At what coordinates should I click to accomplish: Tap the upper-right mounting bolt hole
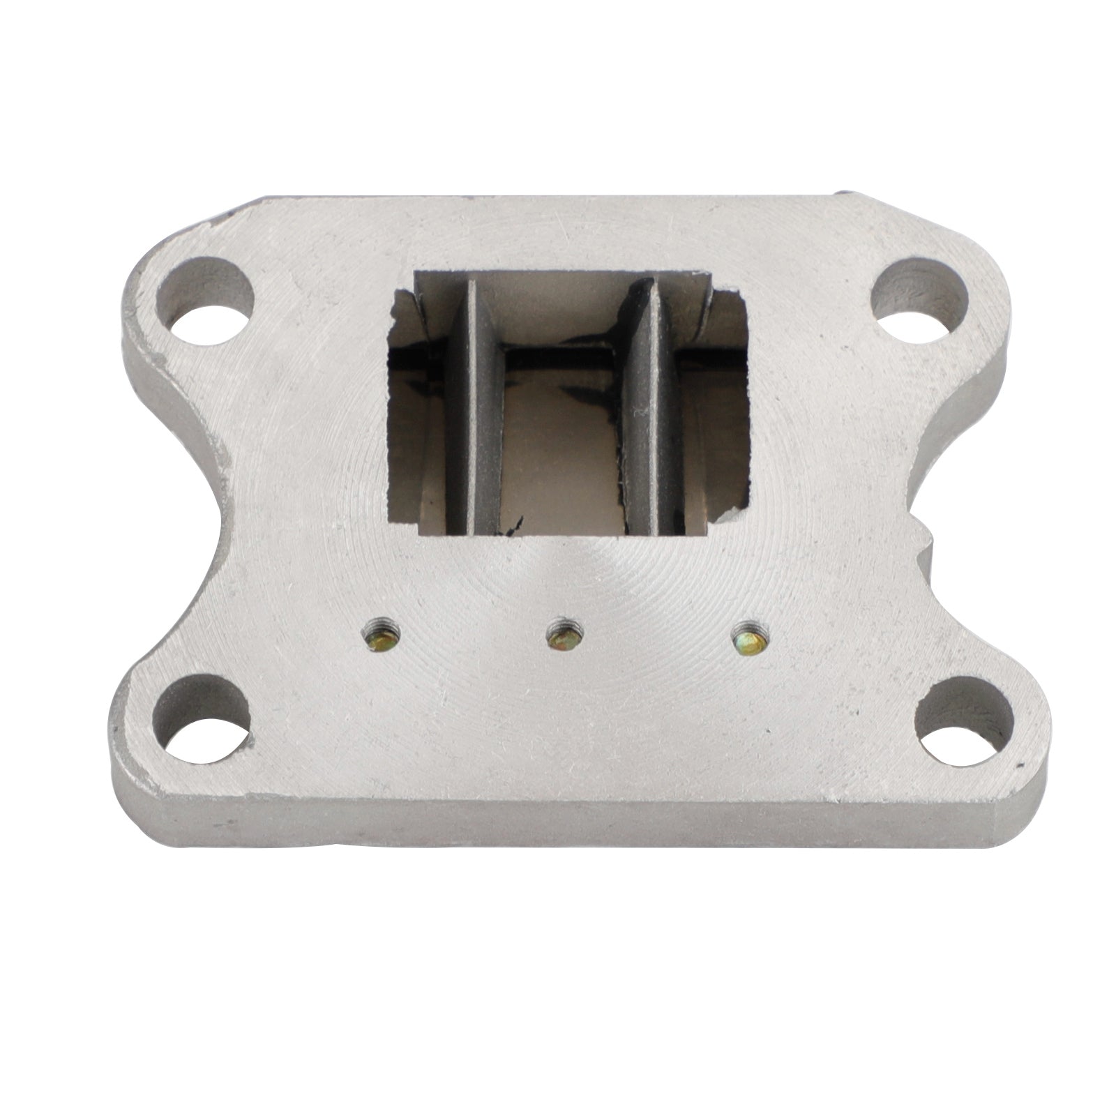pos(921,292)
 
